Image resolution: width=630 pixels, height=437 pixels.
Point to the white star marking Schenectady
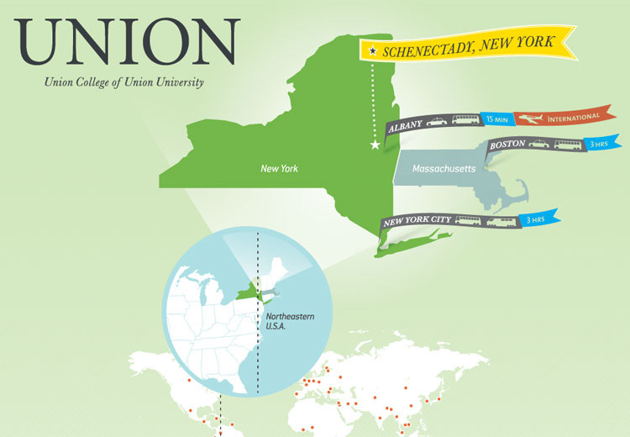pyautogui.click(x=375, y=145)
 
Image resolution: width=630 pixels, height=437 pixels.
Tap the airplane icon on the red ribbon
pyautogui.click(x=528, y=118)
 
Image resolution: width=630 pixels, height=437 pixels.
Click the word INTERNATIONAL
pyautogui.click(x=574, y=115)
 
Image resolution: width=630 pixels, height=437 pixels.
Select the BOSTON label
pyautogui.click(x=507, y=145)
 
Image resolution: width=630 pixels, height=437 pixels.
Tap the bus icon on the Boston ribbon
pyautogui.click(x=568, y=145)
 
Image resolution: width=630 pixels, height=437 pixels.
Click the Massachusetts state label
pyautogui.click(x=444, y=169)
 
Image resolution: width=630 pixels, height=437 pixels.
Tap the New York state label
pyautogui.click(x=279, y=169)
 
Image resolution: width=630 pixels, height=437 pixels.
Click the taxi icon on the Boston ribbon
pyautogui.click(x=538, y=145)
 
